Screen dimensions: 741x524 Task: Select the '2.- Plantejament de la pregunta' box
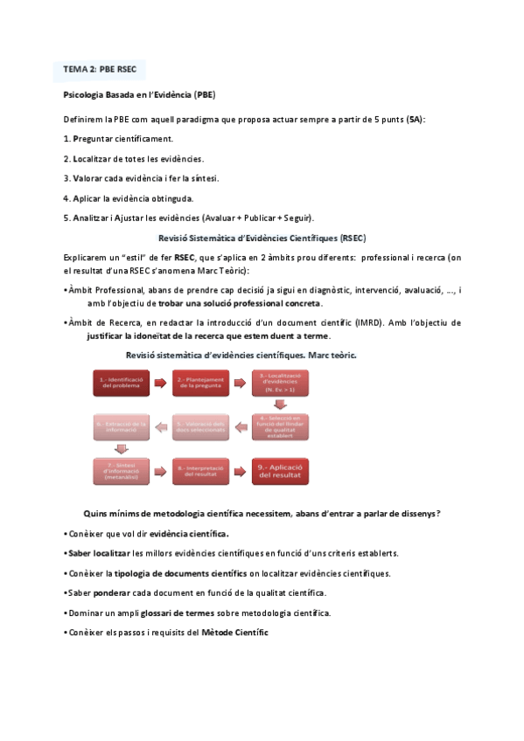point(201,384)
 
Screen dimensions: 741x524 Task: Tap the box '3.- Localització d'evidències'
point(280,382)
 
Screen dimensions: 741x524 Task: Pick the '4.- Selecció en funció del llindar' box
point(280,426)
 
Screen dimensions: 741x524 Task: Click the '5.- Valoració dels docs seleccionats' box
point(201,426)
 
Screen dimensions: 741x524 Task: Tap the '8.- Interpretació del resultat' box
point(201,471)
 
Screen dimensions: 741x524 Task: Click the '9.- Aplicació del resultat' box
point(280,471)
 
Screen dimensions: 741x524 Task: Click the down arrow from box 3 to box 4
point(280,404)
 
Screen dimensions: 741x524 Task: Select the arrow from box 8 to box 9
point(241,471)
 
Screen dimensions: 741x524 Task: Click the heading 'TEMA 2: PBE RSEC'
point(99,68)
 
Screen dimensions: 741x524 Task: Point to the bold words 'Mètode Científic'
point(235,632)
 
